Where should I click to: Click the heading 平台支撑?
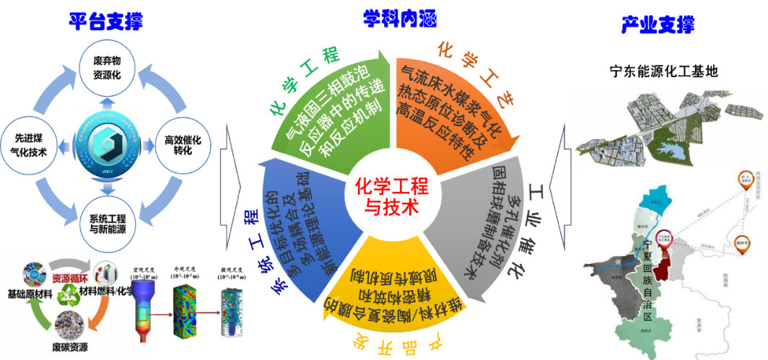(105, 21)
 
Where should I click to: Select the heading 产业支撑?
(658, 25)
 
